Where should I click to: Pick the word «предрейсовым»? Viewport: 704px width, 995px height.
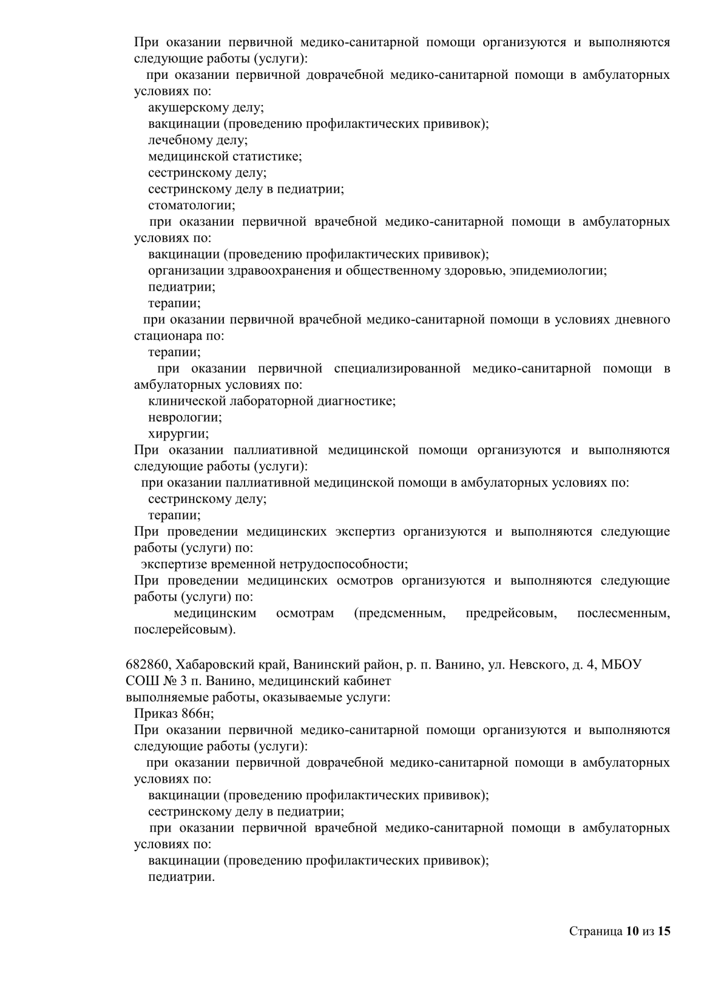(x=511, y=613)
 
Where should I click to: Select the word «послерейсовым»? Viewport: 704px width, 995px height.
(x=184, y=630)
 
